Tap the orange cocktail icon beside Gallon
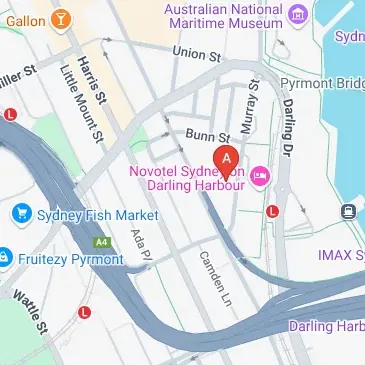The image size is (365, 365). point(62,18)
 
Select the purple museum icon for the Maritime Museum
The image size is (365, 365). point(298,14)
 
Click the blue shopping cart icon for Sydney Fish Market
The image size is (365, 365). point(20,214)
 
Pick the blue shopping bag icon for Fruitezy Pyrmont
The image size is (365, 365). point(6,258)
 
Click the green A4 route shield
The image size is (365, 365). point(101,241)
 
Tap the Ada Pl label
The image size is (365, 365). point(139,246)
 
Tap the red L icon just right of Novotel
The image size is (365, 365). point(273,211)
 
